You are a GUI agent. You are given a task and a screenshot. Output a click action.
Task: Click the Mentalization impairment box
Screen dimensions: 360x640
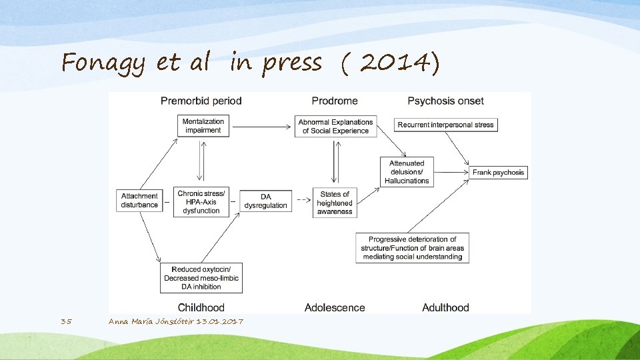203,126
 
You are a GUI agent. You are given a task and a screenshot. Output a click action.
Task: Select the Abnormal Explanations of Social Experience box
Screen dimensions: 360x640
335,126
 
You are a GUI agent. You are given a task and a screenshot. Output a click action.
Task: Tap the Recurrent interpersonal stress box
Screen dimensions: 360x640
445,125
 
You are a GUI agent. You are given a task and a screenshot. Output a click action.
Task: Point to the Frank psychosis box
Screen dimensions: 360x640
498,172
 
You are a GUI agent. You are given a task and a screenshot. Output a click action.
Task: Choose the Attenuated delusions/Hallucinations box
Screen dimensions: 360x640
407,171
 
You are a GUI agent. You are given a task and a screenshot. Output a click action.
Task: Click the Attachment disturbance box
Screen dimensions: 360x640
139,201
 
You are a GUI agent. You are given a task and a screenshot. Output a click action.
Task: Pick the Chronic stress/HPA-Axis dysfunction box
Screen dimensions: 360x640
201,202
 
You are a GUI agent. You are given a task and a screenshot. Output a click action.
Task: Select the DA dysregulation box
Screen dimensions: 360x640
265,201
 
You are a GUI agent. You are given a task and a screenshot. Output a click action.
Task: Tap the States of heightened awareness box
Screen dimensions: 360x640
334,203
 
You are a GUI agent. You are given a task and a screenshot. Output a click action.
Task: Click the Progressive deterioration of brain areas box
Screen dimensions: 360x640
412,248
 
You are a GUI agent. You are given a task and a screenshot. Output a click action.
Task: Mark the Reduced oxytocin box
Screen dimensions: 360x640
201,277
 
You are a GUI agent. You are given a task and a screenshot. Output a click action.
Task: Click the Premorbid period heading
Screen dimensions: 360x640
201,101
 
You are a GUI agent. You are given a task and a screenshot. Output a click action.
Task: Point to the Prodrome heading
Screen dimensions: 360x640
335,101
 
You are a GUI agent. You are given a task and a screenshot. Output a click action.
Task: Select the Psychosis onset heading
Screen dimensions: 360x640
445,101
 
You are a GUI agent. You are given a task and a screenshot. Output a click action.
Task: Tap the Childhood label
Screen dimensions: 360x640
201,307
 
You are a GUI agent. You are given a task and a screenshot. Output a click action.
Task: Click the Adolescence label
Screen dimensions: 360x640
335,307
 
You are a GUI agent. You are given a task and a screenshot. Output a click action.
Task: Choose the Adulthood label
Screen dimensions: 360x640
445,307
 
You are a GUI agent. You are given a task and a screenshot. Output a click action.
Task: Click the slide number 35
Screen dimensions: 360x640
66,321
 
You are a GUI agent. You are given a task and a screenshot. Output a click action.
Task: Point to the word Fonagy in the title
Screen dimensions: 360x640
103,63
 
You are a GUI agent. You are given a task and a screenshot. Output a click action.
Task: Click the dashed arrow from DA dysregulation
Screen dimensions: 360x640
303,200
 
